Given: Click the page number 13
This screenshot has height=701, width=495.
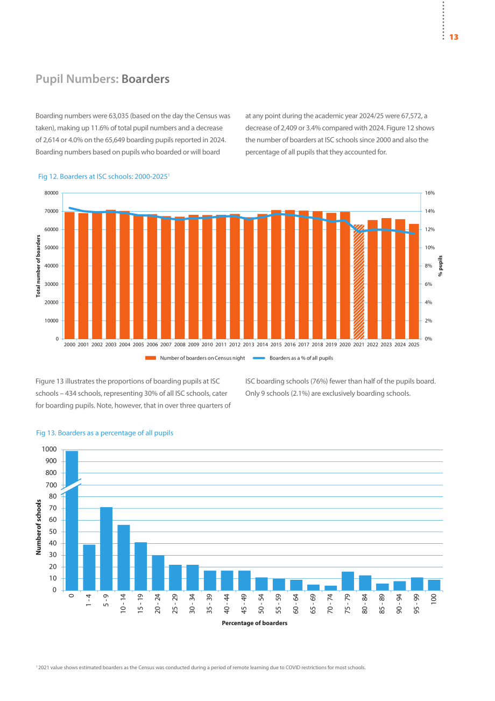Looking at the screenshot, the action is click(x=454, y=37).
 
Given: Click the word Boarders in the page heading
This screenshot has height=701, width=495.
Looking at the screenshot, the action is click(x=145, y=79).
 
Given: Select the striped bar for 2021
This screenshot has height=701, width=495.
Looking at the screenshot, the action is click(x=359, y=282).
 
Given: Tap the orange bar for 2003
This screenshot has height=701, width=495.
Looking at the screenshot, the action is click(x=111, y=274).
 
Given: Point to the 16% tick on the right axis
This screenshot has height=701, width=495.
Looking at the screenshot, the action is click(x=430, y=193).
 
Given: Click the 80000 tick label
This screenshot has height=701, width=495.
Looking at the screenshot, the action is click(x=51, y=193).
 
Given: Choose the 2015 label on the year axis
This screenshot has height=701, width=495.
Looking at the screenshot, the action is click(x=276, y=345).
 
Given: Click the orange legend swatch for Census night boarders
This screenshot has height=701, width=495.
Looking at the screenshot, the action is click(x=151, y=358).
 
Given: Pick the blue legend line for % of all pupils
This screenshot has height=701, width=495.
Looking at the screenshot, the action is click(x=259, y=358).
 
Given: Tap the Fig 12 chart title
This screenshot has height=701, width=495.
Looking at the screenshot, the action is click(x=104, y=177).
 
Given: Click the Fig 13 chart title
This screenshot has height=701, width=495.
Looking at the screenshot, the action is click(x=104, y=433).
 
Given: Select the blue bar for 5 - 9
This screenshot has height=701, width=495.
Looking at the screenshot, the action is click(x=107, y=549).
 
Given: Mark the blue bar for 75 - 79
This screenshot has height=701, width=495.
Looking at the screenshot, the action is click(x=348, y=581).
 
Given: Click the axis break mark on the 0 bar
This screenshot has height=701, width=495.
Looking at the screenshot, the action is click(x=71, y=487).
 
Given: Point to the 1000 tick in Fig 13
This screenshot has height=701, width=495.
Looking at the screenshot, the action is click(x=49, y=450).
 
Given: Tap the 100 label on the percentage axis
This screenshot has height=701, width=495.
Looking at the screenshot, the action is click(x=434, y=599).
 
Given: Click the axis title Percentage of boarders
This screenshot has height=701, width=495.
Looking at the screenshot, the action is click(x=254, y=623).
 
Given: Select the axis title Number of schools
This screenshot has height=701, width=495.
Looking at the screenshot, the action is click(x=38, y=527).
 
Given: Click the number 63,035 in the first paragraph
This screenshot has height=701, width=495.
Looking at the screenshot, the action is click(x=118, y=116).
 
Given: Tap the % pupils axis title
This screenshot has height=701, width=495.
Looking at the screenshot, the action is click(x=440, y=266).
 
